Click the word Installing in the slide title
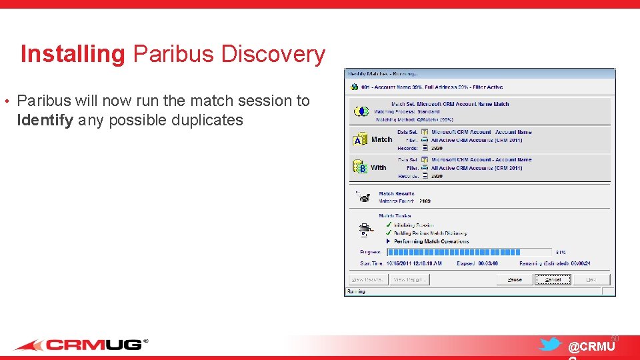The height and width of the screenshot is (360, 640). (73, 54)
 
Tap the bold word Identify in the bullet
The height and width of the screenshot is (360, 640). (45, 120)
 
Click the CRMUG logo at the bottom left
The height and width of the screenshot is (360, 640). (81, 345)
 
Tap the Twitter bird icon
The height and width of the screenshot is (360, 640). (550, 344)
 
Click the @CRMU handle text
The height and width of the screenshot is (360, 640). (591, 347)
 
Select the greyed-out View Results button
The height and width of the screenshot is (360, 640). (368, 280)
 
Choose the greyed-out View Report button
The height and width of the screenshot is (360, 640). (409, 280)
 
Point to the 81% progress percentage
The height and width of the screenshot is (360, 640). (561, 253)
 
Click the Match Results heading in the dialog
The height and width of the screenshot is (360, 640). (397, 194)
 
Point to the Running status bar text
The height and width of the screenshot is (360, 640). (356, 291)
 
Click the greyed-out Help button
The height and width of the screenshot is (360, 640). (591, 280)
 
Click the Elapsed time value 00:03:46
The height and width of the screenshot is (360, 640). (487, 264)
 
